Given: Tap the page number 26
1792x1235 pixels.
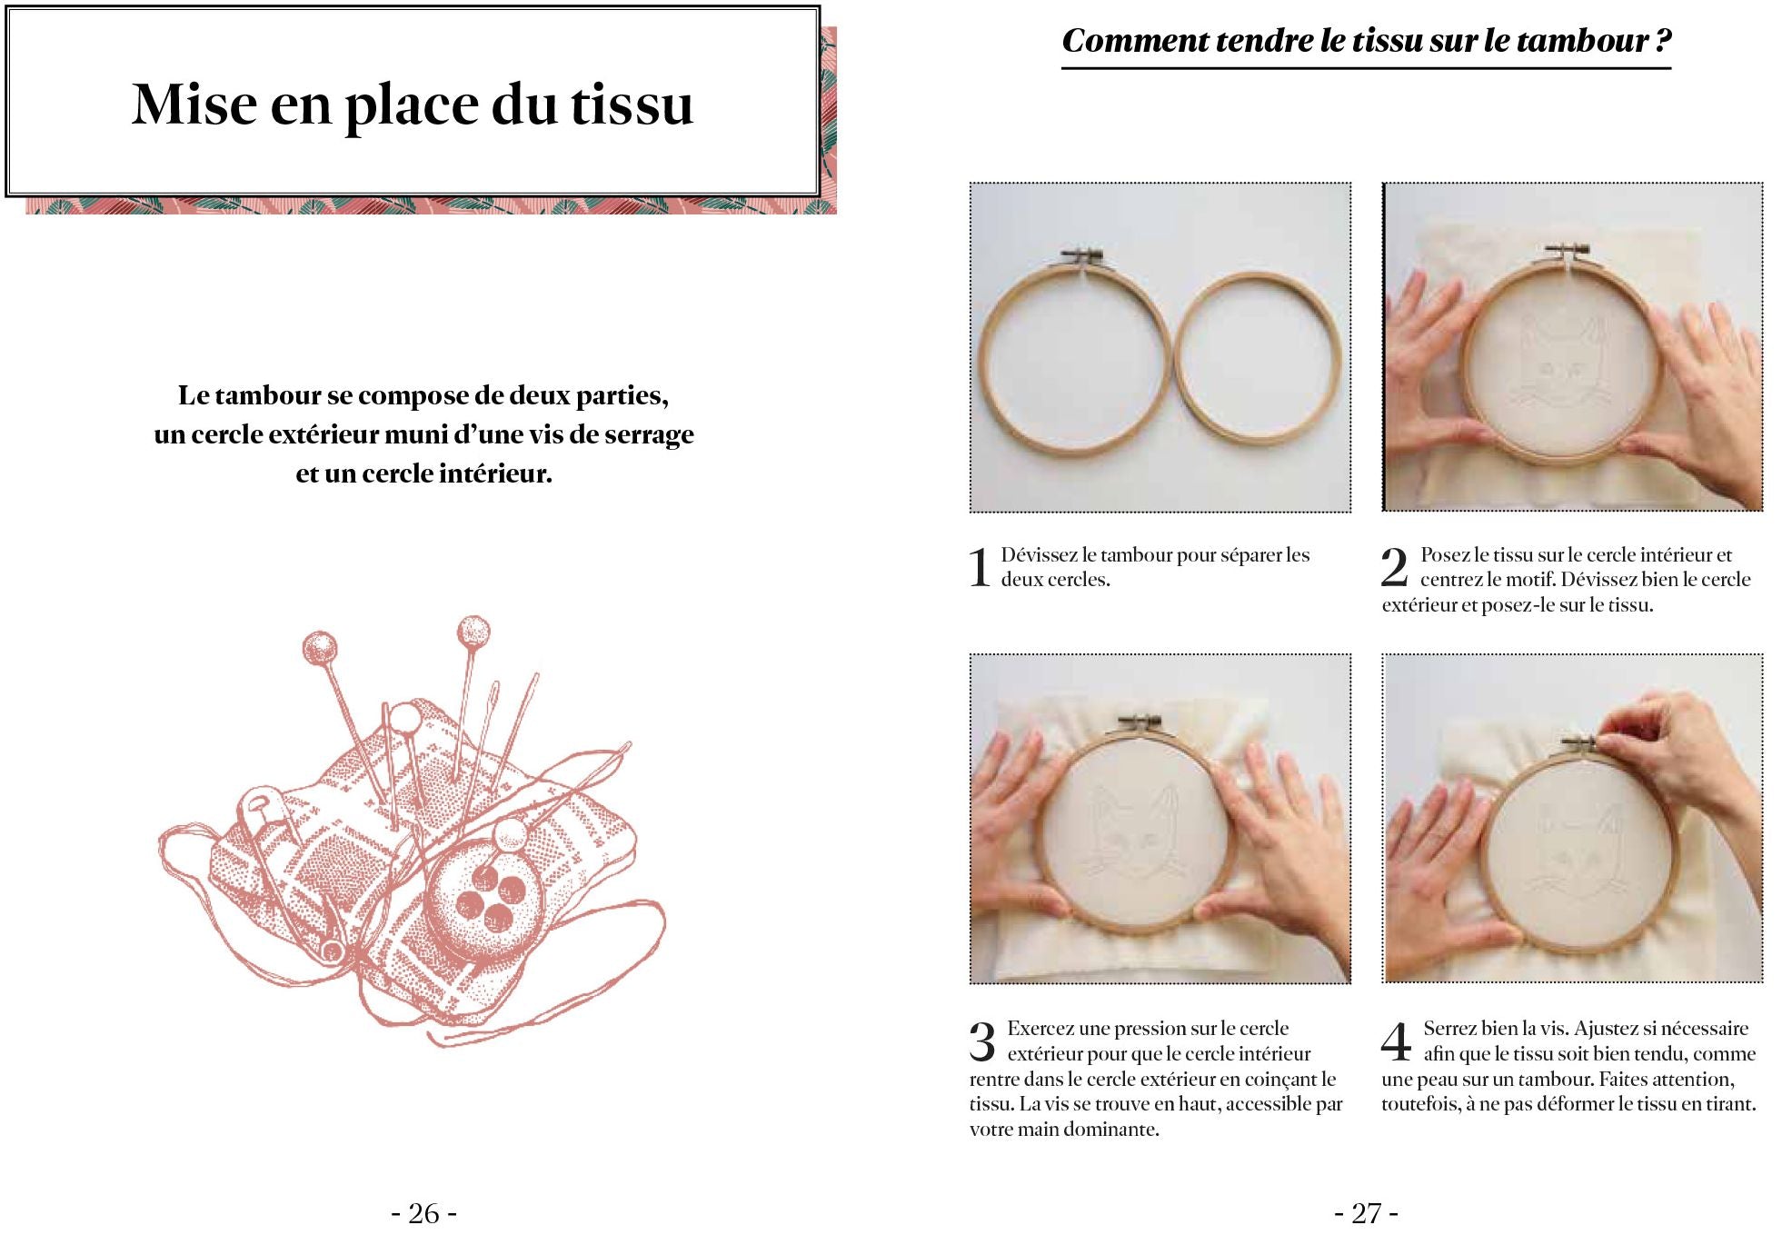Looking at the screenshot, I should (423, 1213).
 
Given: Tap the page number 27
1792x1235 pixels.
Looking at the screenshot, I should (1366, 1213).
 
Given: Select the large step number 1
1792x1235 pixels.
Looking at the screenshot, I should (980, 568).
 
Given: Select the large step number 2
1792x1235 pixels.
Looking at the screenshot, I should (1394, 568).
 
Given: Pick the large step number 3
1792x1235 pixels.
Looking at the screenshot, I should (982, 1041).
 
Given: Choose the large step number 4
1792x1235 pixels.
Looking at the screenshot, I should (1396, 1041).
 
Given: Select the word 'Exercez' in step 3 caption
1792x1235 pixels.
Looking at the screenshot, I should (1041, 1029).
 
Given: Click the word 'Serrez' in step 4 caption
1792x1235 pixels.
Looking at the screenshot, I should (1450, 1029).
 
